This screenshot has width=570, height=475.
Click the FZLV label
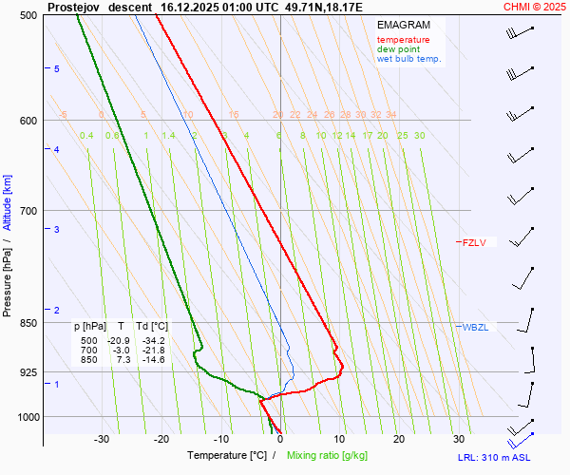[x=474, y=242]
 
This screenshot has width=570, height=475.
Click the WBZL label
[x=475, y=327]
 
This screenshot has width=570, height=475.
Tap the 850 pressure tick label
[x=28, y=323]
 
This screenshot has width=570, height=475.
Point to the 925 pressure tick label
[x=28, y=372]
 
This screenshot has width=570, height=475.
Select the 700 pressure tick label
[x=28, y=210]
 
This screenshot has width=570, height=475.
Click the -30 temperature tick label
[x=101, y=439]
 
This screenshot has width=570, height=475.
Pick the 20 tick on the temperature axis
[x=399, y=439]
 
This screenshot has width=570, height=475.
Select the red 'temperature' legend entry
[x=403, y=40]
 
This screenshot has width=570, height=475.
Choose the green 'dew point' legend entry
[x=398, y=49]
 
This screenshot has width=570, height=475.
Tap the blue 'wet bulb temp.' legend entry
[x=409, y=59]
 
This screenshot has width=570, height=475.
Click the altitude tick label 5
[x=56, y=68]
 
